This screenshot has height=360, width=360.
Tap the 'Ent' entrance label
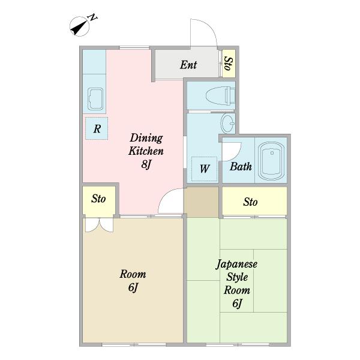click(x=188, y=65)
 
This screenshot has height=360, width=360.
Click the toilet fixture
click(x=220, y=95)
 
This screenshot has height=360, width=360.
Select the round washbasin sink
click(x=227, y=123)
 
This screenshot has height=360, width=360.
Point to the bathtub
click(x=271, y=161)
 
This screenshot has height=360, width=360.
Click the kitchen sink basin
click(x=95, y=99)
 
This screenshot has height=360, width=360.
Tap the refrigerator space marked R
click(x=97, y=128)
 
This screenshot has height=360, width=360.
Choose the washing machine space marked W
click(x=204, y=169)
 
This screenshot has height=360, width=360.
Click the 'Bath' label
click(x=241, y=166)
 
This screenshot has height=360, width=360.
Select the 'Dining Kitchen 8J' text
click(x=146, y=151)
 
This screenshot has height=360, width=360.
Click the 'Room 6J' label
click(x=133, y=281)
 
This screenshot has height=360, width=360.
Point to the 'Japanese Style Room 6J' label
click(x=237, y=284)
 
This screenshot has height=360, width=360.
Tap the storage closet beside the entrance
click(x=229, y=64)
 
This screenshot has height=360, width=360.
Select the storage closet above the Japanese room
click(x=254, y=201)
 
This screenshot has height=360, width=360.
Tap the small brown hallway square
click(x=202, y=202)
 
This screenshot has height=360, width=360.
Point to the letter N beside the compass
click(x=93, y=17)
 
